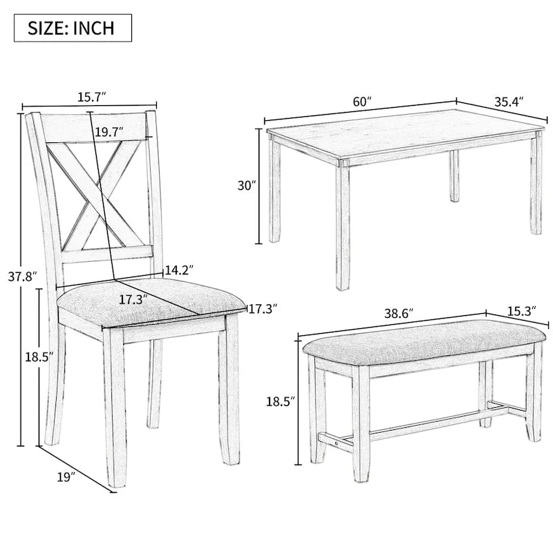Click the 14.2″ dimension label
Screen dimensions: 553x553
pos(178,270)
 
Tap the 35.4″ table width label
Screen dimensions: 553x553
pos(508,101)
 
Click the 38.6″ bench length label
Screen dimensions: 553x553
pos(398,312)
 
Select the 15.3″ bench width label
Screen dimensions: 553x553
pos(522,311)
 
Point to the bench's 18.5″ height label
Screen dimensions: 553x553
pos(281,400)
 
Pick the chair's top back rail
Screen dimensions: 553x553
pos(97,127)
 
